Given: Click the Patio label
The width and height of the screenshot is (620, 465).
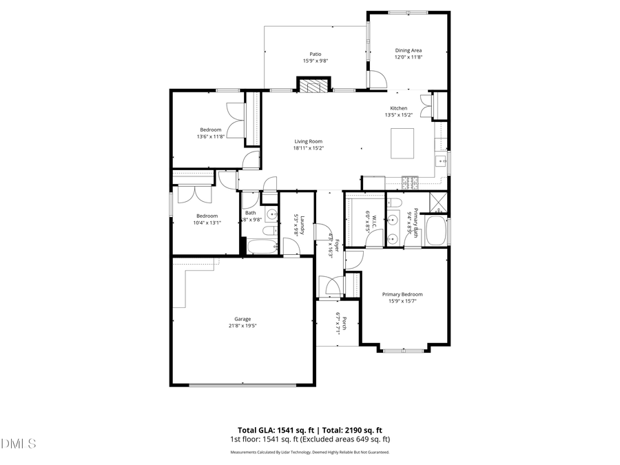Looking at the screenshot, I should click(x=316, y=54).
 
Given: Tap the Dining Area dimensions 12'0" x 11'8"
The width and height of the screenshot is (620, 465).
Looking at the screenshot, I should click(x=409, y=58).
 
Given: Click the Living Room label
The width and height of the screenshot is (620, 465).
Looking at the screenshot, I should click(x=308, y=141).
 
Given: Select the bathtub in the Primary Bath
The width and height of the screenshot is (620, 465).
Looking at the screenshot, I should click(x=436, y=231).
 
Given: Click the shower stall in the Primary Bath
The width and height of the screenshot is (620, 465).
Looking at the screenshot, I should click(x=437, y=202).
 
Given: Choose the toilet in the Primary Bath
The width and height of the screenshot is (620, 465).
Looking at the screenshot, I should click(x=394, y=202).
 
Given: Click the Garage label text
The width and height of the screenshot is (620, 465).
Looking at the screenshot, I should click(x=242, y=319).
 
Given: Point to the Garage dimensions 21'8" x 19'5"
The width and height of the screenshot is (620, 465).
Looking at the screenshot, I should click(x=242, y=326).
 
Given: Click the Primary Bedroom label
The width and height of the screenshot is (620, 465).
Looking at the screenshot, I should click(x=403, y=294).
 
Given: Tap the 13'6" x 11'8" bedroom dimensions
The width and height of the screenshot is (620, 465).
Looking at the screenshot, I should click(x=211, y=136).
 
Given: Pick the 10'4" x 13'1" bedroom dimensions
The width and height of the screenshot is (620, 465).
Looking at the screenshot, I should click(x=206, y=222).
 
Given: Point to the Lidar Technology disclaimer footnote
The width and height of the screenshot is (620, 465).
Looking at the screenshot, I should click(x=309, y=453).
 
